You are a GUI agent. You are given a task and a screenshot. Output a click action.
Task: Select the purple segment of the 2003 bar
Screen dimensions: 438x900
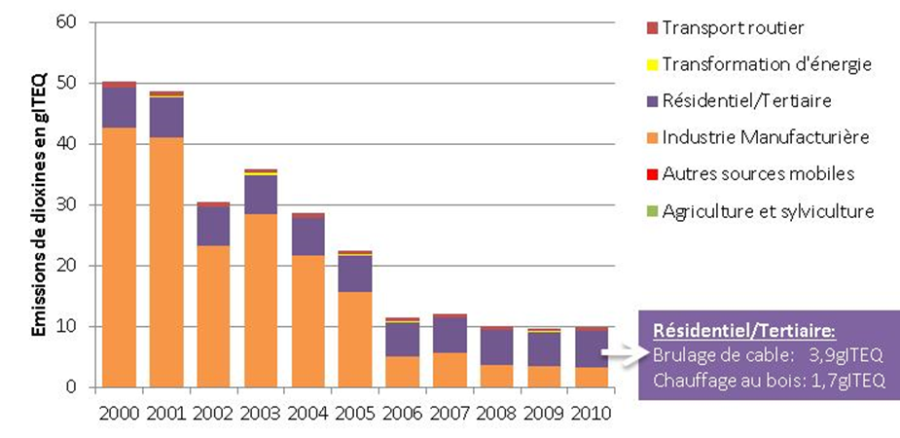point(260,195)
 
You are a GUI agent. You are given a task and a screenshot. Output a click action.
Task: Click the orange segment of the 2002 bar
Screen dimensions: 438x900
point(213,315)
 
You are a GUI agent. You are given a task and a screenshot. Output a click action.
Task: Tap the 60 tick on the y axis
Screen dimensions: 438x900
point(68,22)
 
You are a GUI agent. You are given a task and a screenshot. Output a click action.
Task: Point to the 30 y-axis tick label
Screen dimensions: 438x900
point(68,205)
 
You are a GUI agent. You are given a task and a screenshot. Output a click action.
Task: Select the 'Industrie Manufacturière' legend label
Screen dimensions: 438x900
point(765,137)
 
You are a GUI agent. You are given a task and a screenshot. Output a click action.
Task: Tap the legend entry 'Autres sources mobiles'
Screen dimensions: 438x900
point(757,174)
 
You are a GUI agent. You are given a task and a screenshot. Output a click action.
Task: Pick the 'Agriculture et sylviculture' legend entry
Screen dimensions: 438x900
point(768,211)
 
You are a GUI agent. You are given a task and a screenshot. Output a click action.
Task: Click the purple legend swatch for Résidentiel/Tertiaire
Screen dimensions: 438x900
point(652,101)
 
